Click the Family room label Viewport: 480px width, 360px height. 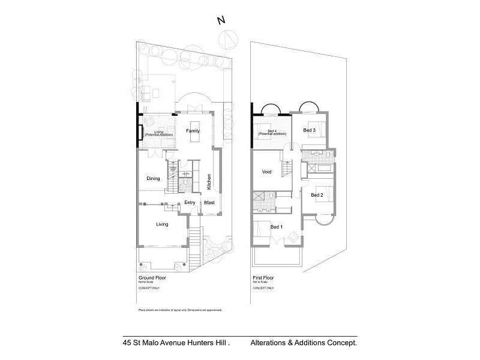click(x=192, y=131)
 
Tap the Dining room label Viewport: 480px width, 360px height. click(x=153, y=178)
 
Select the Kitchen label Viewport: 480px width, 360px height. click(x=209, y=181)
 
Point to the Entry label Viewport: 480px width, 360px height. click(x=190, y=203)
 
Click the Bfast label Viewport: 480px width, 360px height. click(x=209, y=203)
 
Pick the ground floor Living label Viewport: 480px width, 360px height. click(x=162, y=224)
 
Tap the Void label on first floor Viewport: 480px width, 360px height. click(x=268, y=172)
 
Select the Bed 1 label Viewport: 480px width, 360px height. click(x=276, y=227)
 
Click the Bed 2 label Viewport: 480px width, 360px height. click(x=317, y=195)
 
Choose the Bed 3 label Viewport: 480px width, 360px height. click(x=309, y=130)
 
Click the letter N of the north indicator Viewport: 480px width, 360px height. click(x=221, y=20)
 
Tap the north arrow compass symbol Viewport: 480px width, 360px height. click(x=228, y=40)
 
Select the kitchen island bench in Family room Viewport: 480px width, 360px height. click(x=193, y=138)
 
